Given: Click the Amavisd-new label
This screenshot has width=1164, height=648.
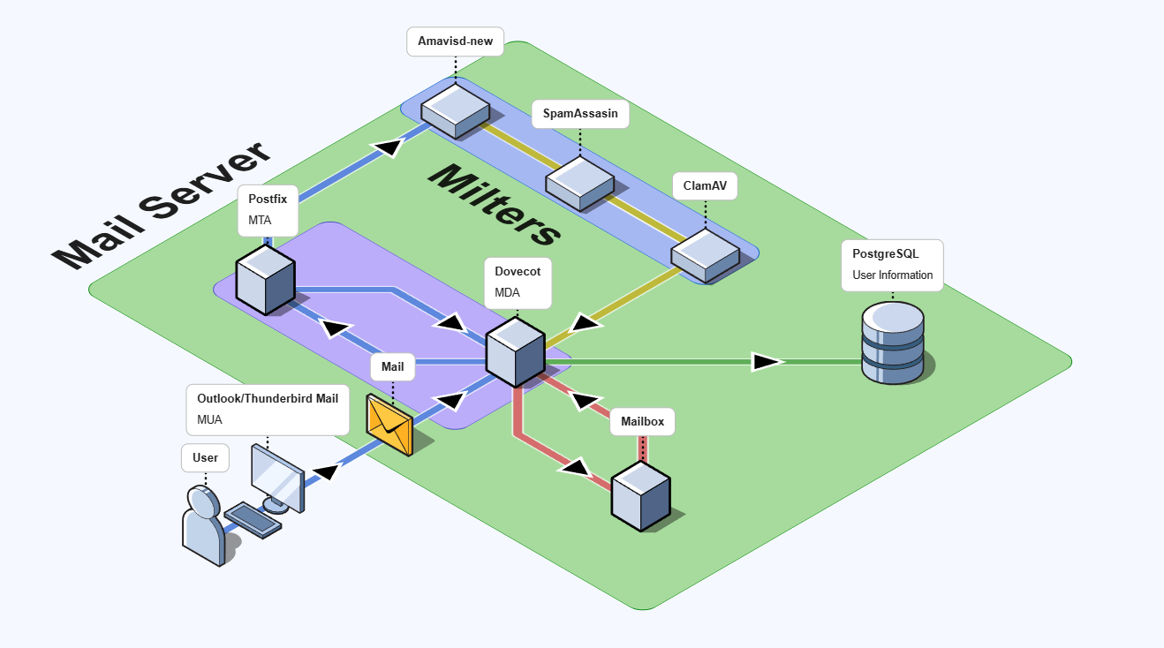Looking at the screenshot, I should [x=455, y=41].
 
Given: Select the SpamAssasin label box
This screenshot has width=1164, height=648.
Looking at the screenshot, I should [x=580, y=114].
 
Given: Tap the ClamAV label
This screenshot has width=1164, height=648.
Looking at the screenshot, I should [x=704, y=186].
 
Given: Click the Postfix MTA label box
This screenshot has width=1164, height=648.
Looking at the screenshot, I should [x=268, y=209].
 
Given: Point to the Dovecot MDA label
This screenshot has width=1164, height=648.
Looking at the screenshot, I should [x=518, y=283].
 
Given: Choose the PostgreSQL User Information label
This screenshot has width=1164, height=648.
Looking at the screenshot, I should [x=892, y=264].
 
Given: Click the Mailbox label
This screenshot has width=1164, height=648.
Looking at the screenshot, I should [x=642, y=422].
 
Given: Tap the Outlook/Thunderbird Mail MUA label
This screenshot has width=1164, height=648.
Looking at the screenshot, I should [x=267, y=409].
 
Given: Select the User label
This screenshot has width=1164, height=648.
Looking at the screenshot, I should [x=205, y=458].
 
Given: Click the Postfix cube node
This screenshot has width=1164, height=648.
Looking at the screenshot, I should [x=265, y=280].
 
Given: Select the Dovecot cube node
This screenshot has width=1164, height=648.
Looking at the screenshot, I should [x=515, y=352].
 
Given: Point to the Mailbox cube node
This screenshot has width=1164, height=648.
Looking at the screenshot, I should [x=641, y=498].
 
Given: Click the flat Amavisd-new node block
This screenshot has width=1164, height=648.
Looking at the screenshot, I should [x=455, y=109].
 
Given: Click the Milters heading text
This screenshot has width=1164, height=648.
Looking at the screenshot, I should [x=495, y=205].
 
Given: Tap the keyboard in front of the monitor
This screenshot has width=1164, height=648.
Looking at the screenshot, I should [x=253, y=519].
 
